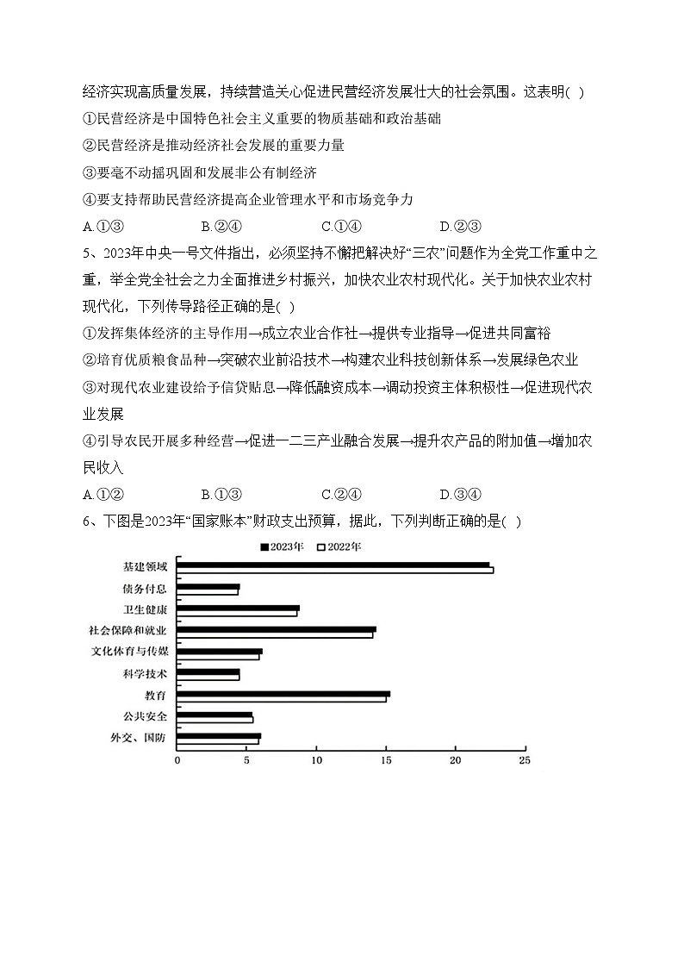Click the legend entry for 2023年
tap(283, 546)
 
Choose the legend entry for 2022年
tap(340, 546)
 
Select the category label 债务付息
tap(146, 589)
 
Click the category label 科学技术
tap(146, 673)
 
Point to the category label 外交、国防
tap(139, 737)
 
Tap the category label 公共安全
tap(146, 716)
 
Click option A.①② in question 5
tap(103, 494)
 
